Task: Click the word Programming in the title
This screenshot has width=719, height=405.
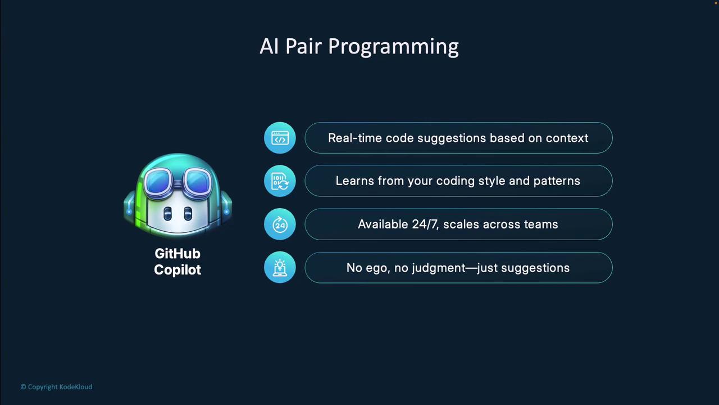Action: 393,47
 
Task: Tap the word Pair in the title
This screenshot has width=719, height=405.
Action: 303,46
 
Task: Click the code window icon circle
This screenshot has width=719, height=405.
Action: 280,138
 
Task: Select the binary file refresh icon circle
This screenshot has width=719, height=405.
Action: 280,181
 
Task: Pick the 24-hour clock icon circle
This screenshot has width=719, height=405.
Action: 280,224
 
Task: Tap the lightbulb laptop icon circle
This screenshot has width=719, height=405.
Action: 280,267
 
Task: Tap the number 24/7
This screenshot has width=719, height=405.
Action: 425,224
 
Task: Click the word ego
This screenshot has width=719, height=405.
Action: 378,268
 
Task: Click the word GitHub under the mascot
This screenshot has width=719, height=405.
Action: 178,254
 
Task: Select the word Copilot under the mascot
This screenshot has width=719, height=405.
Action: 178,269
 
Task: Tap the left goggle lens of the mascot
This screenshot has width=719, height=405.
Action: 158,180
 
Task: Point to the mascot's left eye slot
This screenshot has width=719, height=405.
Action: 167,213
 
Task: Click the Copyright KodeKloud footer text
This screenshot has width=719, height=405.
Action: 57,387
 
